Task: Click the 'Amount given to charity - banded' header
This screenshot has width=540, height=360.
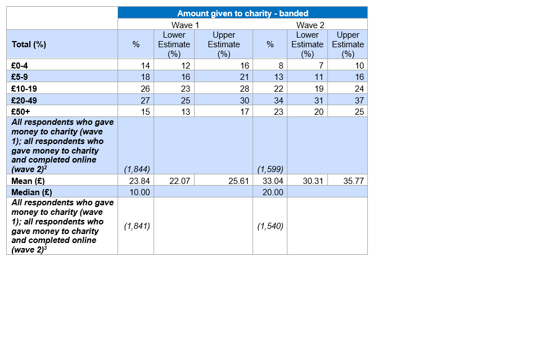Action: click(242, 13)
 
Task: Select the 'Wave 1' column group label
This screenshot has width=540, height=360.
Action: click(185, 25)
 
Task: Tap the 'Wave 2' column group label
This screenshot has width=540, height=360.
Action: click(310, 25)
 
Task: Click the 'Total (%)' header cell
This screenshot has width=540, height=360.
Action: click(29, 44)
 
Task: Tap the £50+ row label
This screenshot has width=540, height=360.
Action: click(21, 111)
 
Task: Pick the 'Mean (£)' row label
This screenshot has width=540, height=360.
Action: click(28, 181)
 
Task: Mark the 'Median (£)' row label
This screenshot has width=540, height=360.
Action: click(31, 192)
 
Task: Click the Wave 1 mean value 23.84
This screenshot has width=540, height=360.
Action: click(139, 181)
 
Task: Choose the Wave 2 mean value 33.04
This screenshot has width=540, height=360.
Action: click(273, 181)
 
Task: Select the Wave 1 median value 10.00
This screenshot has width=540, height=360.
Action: click(139, 192)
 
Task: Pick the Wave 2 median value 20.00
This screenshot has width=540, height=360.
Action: click(273, 192)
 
